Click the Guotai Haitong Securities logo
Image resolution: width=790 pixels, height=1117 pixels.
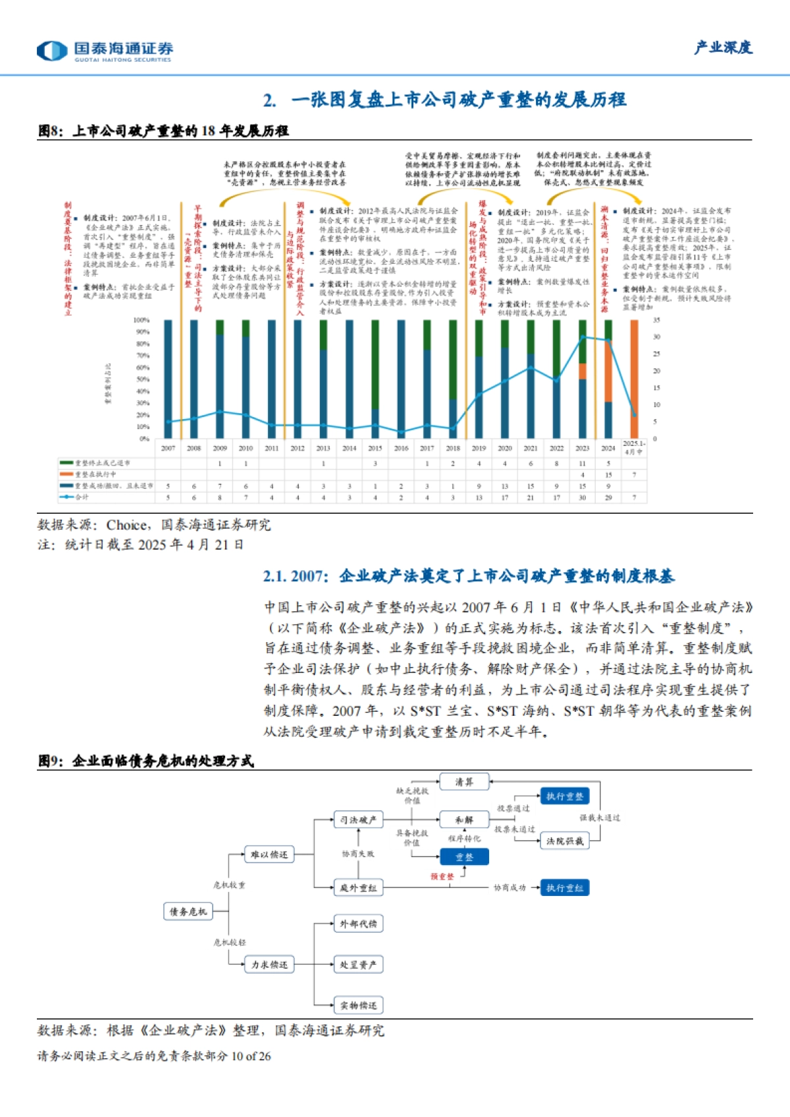pyautogui.click(x=105, y=50)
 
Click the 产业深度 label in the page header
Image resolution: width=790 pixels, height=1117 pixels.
pyautogui.click(x=723, y=47)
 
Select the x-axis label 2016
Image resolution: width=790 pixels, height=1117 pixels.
pyautogui.click(x=401, y=449)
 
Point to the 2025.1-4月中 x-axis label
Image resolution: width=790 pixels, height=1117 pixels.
pyautogui.click(x=634, y=448)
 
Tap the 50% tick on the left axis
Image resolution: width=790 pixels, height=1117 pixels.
pyautogui.click(x=143, y=380)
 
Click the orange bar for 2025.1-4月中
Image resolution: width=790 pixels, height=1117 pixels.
pyautogui.click(x=634, y=368)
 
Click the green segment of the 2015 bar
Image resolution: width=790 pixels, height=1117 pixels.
pyautogui.click(x=375, y=365)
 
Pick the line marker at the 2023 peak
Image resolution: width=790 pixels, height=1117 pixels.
pyautogui.click(x=583, y=337)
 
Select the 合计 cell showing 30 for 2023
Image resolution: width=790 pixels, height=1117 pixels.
pyautogui.click(x=583, y=497)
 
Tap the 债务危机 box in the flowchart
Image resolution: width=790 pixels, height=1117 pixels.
pyautogui.click(x=188, y=911)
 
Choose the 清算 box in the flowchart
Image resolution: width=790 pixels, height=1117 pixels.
pyautogui.click(x=464, y=782)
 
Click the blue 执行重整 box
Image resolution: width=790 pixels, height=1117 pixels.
pyautogui.click(x=564, y=797)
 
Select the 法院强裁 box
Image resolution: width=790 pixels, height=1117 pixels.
pyautogui.click(x=564, y=841)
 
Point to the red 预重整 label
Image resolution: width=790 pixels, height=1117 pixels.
pyautogui.click(x=442, y=877)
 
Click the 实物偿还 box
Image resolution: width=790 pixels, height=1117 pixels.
pyautogui.click(x=358, y=1005)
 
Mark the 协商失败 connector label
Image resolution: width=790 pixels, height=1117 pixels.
pyautogui.click(x=357, y=854)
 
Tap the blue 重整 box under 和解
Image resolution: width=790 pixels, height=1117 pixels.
pyautogui.click(x=464, y=857)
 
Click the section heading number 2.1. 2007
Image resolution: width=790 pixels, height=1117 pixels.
pyautogui.click(x=294, y=576)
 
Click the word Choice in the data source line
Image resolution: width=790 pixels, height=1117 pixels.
pyautogui.click(x=127, y=525)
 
